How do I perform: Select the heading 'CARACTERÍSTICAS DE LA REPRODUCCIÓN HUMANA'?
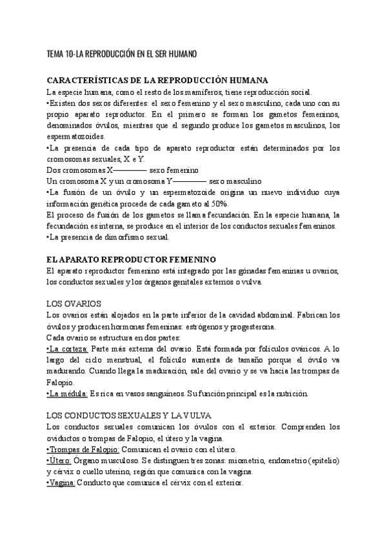click(159, 81)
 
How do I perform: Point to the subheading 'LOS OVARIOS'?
click(73, 303)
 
